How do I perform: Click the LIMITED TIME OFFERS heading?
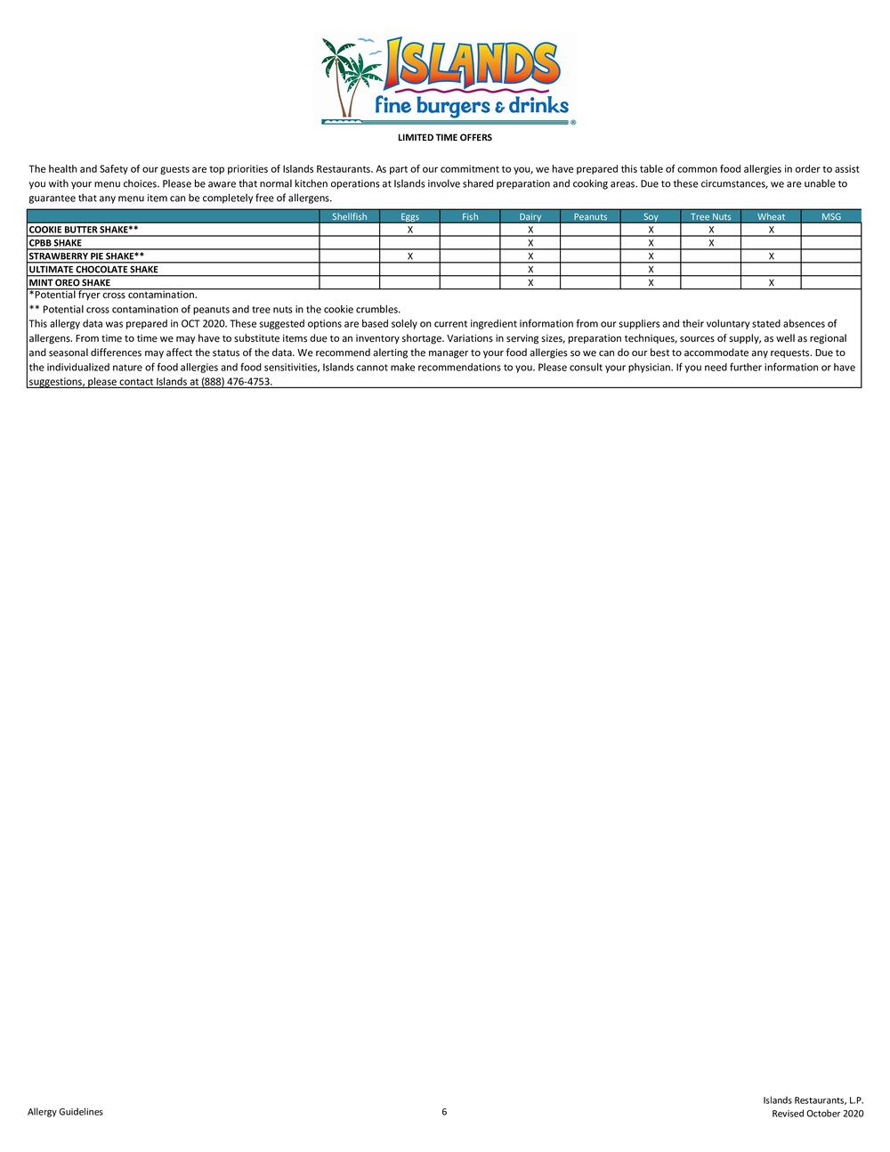[x=444, y=138]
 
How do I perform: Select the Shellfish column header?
[x=349, y=216]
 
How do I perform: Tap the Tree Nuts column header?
[x=710, y=216]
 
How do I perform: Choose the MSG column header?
[x=830, y=216]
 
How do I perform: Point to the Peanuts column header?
[x=590, y=216]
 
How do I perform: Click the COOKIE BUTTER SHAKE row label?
[x=84, y=230]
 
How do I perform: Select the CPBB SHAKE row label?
[x=55, y=243]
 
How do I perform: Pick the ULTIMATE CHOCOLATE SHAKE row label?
[x=93, y=270]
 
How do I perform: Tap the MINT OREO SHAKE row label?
[x=69, y=283]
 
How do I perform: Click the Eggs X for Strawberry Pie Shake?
[x=409, y=256]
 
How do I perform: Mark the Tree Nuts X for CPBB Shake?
[x=711, y=243]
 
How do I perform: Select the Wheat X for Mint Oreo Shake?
[x=771, y=283]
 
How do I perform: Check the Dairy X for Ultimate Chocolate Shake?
[x=530, y=270]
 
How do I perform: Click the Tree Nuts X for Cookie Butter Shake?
[x=711, y=230]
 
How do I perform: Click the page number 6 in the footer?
[x=444, y=1112]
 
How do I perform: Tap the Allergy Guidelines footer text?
[x=65, y=1112]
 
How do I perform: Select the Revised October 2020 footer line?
[x=817, y=1114]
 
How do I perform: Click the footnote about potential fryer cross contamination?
[x=113, y=295]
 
